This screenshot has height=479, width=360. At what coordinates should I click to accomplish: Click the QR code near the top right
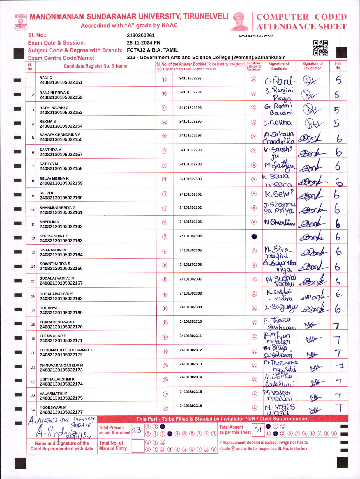(x=320, y=48)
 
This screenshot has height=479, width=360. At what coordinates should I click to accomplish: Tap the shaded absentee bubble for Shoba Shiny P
(x=254, y=237)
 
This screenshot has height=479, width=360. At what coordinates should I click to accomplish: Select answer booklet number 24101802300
(x=190, y=179)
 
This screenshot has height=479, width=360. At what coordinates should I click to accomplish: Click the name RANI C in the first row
(x=46, y=78)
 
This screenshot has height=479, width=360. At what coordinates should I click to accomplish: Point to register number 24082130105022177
(x=61, y=412)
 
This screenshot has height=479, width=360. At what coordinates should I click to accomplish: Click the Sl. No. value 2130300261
(x=141, y=36)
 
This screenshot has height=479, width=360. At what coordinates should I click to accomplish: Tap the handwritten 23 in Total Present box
(x=137, y=430)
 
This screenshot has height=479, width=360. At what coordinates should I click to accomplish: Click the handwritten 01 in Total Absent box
(x=258, y=430)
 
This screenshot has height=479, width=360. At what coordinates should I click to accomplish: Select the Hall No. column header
(x=338, y=66)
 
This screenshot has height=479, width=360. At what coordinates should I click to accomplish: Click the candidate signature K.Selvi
(x=279, y=194)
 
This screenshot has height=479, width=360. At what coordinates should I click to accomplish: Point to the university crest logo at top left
(x=21, y=22)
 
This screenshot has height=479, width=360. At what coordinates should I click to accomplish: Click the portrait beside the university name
(x=240, y=21)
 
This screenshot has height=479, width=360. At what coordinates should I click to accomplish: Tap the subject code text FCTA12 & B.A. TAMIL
(x=152, y=50)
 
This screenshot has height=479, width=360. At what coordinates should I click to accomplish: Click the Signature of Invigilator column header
(x=313, y=66)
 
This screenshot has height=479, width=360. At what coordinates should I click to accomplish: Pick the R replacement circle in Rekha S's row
(x=164, y=123)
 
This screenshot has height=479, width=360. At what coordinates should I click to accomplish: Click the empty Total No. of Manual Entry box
(x=138, y=446)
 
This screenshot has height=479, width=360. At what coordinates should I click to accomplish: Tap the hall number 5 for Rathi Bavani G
(x=337, y=110)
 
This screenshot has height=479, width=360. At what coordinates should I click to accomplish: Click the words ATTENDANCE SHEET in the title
(x=301, y=27)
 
